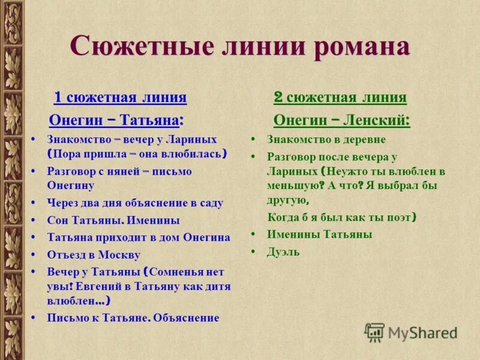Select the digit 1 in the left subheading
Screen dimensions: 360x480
(58, 97)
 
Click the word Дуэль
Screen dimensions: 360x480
(283, 252)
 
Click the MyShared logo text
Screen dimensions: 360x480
(422, 332)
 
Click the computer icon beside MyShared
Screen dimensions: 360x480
(374, 332)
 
